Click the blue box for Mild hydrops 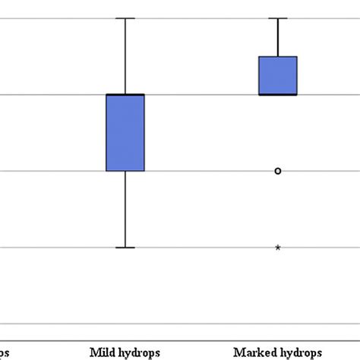click(125, 133)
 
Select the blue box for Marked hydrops click(278, 75)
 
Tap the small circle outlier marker click(278, 171)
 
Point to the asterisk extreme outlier click(278, 248)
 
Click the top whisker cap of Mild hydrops click(125, 18)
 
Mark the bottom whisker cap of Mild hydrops click(125, 248)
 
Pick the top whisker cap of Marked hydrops click(278, 18)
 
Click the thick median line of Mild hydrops click(125, 94)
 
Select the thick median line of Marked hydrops click(278, 94)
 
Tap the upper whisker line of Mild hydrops click(125, 56)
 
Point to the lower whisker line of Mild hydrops click(125, 210)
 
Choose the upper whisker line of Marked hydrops click(278, 37)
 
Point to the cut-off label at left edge click(5, 353)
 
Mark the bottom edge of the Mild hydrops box click(125, 171)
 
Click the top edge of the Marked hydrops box click(278, 56)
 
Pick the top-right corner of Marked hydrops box click(296, 56)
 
